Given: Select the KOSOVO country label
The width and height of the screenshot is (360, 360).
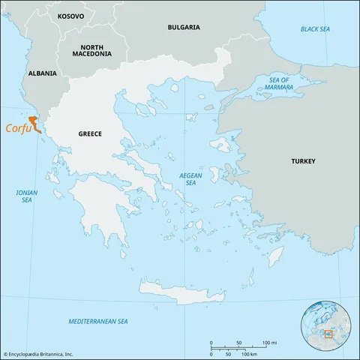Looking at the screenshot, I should (70, 15).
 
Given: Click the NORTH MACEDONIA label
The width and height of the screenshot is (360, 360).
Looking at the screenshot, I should (91, 49).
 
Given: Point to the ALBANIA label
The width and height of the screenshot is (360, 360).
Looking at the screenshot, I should (41, 74).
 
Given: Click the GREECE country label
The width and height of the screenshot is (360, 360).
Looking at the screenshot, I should (90, 133).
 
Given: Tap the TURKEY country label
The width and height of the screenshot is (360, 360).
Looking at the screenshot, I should (303, 160).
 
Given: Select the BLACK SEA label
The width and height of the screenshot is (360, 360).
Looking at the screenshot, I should (315, 28).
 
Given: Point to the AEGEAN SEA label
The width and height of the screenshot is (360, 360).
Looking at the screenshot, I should (190, 178).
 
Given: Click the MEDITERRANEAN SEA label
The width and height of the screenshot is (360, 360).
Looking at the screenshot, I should (98, 321).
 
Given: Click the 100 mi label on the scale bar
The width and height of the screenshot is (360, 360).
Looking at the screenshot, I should (269, 342).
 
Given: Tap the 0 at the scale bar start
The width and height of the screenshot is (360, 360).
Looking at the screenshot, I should (211, 342).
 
